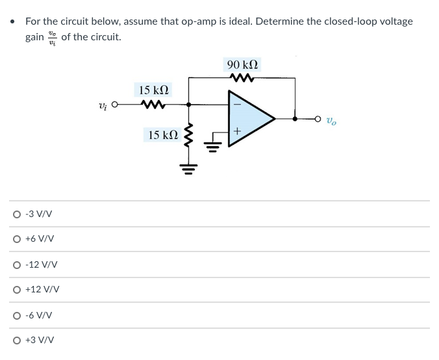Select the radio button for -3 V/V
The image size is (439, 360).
[15, 214]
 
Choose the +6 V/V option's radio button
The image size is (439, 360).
[15, 239]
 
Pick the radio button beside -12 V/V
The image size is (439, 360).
[15, 264]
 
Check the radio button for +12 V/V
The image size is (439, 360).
[15, 290]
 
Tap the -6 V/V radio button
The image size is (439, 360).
[15, 315]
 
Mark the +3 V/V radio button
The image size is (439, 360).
[15, 340]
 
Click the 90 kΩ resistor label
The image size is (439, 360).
[242, 65]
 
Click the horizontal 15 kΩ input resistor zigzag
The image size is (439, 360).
[154, 103]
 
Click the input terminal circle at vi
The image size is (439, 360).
[114, 104]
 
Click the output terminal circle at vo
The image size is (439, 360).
[318, 119]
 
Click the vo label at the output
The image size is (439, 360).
[331, 120]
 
